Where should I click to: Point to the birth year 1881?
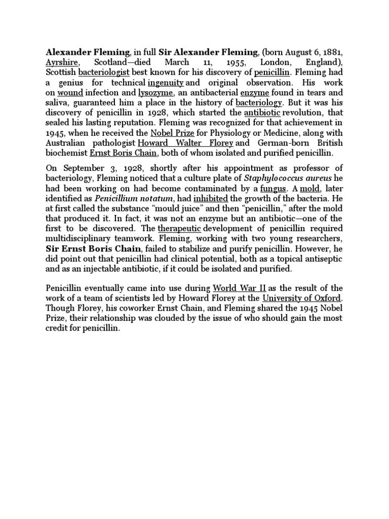pyautogui.click(x=331, y=51)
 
